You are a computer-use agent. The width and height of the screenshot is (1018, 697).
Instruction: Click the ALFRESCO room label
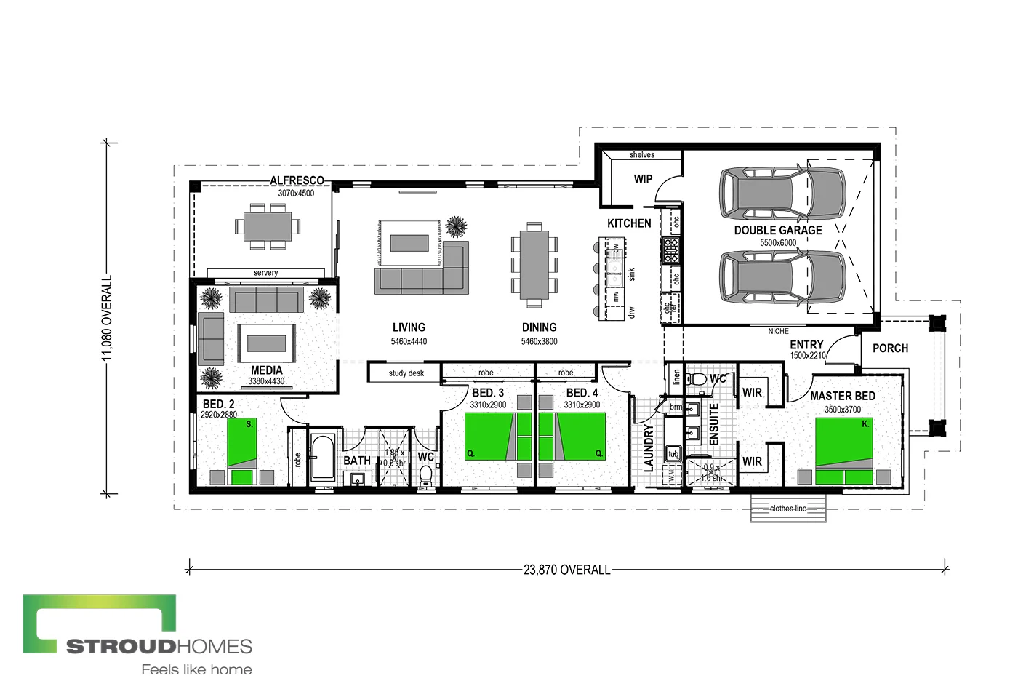coord(297,180)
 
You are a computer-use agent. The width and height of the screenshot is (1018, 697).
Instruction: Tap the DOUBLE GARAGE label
coord(777,231)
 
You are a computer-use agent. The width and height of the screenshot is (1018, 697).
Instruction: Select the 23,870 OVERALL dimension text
coord(566,570)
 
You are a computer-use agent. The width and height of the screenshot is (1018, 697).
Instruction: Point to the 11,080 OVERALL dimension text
coord(108,317)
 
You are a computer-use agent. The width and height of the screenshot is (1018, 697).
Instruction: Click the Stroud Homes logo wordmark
coord(159,646)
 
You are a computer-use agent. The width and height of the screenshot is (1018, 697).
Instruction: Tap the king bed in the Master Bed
coord(843,451)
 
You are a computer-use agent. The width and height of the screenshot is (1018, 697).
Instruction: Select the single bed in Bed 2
coord(241,451)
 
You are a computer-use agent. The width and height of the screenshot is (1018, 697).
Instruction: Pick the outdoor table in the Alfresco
coord(267,226)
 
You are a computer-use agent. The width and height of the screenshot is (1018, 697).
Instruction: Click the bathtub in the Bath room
coord(322,458)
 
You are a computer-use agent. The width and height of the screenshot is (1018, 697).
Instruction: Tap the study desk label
coord(406,373)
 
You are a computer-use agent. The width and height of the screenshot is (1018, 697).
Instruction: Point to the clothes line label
coord(788,509)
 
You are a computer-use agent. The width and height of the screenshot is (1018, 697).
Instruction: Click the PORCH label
coord(890,348)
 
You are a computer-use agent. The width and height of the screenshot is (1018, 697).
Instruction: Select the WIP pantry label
coord(643,179)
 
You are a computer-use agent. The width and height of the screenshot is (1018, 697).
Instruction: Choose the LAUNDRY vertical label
coord(649,448)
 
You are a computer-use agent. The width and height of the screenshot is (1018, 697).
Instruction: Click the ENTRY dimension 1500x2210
coord(808,356)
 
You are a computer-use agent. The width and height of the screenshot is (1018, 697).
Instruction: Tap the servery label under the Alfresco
coord(265,273)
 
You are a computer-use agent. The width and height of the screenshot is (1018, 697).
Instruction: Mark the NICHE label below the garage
coord(778,331)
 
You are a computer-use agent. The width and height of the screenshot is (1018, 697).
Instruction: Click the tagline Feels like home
coord(196,670)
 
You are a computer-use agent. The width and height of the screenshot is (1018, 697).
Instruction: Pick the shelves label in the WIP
coord(641,155)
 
